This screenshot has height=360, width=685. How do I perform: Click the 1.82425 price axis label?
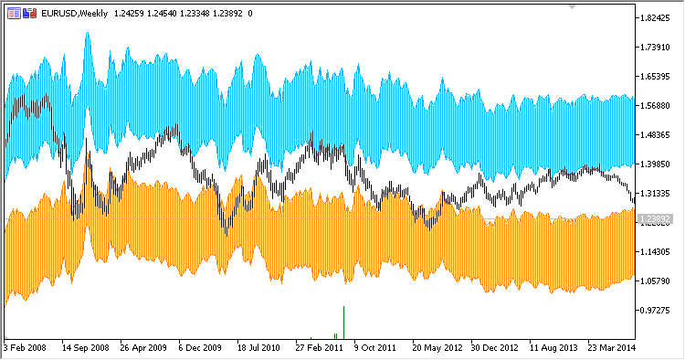658,18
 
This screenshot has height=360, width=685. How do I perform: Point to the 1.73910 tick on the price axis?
658,48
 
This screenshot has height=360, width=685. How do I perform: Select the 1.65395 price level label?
658,77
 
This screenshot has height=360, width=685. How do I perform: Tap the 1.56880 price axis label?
658,106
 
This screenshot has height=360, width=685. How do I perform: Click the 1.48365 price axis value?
658,135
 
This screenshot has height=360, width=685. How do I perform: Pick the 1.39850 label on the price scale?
658,164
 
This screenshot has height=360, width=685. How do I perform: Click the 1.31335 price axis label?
658,194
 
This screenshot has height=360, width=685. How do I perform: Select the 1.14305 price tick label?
658,252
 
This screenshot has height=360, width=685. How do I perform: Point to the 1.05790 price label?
658,281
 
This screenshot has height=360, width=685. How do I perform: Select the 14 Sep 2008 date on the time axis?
85,348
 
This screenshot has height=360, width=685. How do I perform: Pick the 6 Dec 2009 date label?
201,348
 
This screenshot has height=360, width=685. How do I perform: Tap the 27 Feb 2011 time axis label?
319,348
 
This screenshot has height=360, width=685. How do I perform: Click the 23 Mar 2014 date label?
610,348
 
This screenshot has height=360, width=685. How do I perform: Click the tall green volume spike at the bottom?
343,320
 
